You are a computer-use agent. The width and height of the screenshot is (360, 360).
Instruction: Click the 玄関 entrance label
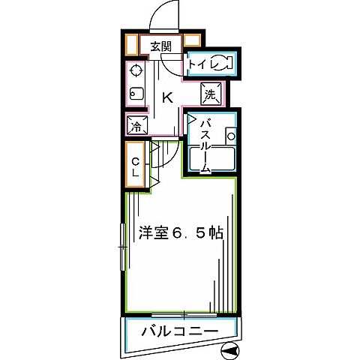[160, 46]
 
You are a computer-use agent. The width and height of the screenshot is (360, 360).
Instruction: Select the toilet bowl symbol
[223, 64]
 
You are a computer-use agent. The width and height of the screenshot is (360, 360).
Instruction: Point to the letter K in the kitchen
[168, 97]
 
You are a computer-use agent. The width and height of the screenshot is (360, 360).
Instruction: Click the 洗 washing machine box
[211, 94]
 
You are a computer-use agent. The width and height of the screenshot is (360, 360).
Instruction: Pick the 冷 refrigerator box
[136, 127]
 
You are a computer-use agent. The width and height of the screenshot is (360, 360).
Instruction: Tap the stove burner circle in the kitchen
[136, 71]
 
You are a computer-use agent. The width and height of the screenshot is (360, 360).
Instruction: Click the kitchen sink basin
[136, 94]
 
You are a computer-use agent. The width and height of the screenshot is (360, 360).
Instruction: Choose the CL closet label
[136, 167]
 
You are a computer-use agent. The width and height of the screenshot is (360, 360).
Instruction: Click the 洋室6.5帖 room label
[180, 232]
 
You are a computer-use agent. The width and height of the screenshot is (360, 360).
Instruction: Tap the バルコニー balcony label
[179, 331]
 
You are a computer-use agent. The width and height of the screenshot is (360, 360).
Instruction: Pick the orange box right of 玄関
[191, 43]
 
